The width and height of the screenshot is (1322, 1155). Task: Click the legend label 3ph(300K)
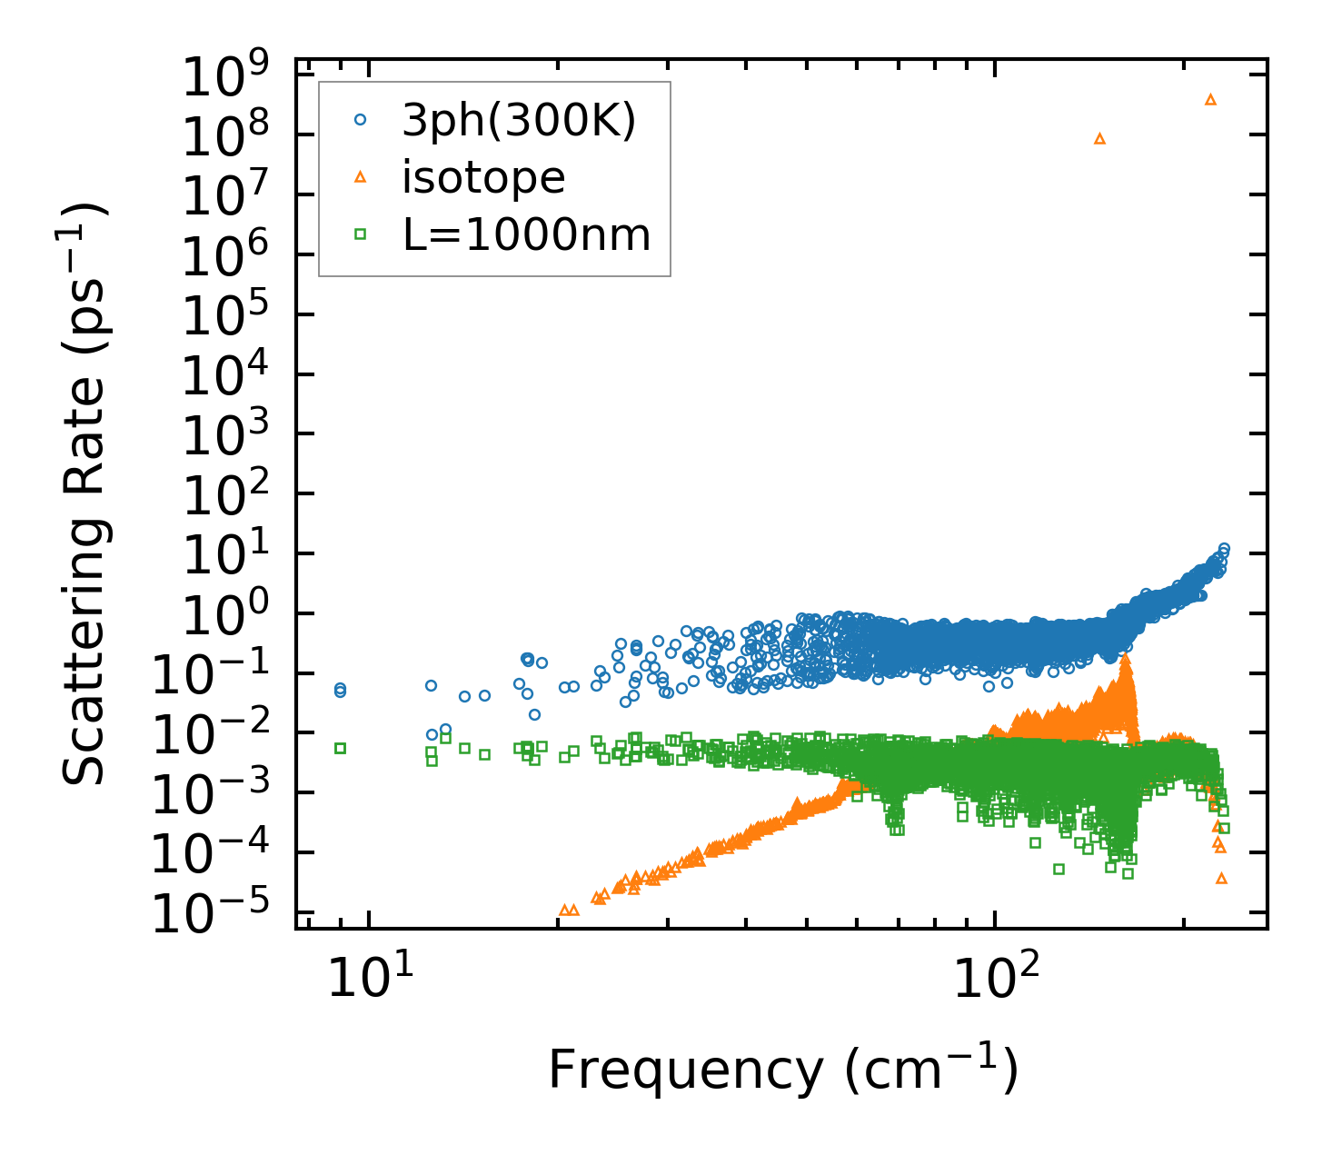(x=519, y=121)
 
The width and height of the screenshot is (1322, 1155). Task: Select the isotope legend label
(x=483, y=178)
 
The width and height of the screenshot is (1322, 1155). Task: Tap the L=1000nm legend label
(x=527, y=235)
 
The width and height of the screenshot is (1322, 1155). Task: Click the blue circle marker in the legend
(x=360, y=119)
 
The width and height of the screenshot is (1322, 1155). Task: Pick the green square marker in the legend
(x=360, y=234)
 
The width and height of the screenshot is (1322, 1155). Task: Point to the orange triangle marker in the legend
(x=360, y=177)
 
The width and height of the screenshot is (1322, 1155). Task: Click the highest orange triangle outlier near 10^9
(x=1210, y=99)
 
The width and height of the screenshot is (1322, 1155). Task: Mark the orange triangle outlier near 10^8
(x=1099, y=139)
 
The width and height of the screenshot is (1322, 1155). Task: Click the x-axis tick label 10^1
(x=370, y=979)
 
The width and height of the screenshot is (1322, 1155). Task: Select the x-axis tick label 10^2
(x=996, y=979)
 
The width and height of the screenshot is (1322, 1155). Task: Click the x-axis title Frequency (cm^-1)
(x=782, y=1070)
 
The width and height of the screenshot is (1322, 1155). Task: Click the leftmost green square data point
(x=341, y=748)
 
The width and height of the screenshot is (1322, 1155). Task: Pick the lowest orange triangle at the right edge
(x=1221, y=878)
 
